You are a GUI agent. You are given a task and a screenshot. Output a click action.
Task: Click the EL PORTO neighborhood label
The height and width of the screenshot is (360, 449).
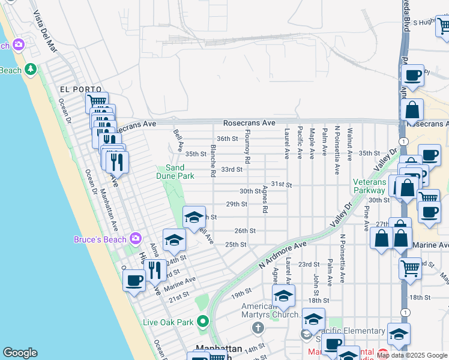click(x=76, y=89)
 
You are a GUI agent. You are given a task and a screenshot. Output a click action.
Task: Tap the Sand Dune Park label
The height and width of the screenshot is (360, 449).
click(x=179, y=172)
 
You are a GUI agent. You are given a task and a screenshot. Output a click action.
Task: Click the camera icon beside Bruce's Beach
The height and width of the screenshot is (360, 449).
click(x=136, y=239)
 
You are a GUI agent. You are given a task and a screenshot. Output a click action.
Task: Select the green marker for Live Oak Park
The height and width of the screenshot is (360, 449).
click(x=203, y=322)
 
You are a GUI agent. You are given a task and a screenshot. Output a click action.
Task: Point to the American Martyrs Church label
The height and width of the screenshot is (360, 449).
click(x=270, y=310)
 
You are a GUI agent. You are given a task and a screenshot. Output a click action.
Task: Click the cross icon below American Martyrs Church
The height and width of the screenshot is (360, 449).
click(x=258, y=328)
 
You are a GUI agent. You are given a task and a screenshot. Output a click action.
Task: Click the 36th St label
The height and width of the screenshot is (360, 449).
click(x=228, y=139)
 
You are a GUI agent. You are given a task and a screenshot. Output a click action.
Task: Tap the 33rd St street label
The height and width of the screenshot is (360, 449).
click(x=231, y=169)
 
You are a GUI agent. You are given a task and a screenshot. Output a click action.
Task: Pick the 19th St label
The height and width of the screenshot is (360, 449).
click(x=241, y=293)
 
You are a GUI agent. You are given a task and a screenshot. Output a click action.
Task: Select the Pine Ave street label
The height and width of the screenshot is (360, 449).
click(x=366, y=218)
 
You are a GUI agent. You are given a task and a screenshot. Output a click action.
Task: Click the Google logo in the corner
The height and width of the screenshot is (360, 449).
click(x=20, y=353)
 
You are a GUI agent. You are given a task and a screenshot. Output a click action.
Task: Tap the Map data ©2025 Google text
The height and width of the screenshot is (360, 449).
click(x=412, y=355)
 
